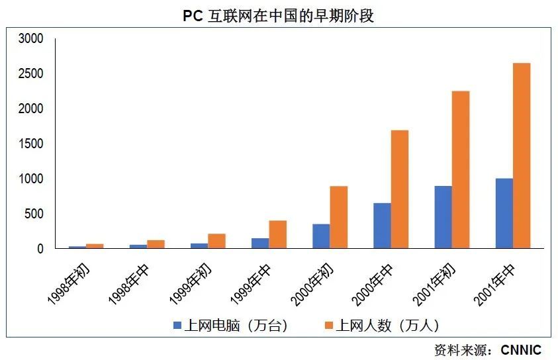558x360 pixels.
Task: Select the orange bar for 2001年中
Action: coord(521,156)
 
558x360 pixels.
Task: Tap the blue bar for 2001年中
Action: coord(504,213)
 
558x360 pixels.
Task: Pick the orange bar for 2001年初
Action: coord(460,169)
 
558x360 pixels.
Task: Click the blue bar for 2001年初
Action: coord(443,217)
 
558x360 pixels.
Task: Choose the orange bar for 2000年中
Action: coord(399,189)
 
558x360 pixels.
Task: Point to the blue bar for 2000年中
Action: coord(382,226)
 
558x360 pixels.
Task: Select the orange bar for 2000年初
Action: coord(338,217)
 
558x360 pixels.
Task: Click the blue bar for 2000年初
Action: coord(321,236)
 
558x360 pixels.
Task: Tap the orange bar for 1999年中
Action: coord(277,234)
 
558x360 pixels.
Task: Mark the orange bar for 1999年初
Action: coord(216,241)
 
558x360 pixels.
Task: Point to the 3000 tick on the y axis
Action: coord(30,39)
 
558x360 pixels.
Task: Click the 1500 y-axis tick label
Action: coord(30,144)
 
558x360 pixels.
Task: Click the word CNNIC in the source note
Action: coord(521,349)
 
